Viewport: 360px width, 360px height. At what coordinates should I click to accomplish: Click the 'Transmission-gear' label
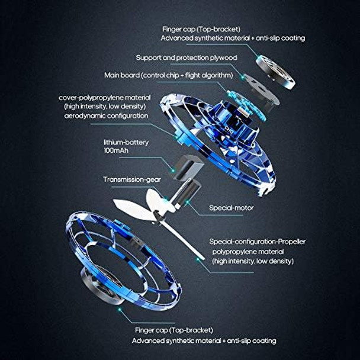click(133, 179)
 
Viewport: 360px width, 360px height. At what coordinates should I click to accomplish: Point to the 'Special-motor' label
click(232, 208)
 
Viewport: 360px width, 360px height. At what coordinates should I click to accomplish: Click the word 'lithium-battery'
click(126, 143)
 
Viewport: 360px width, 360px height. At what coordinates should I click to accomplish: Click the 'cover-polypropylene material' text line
click(105, 97)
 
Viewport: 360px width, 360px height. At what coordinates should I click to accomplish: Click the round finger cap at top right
click(276, 70)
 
